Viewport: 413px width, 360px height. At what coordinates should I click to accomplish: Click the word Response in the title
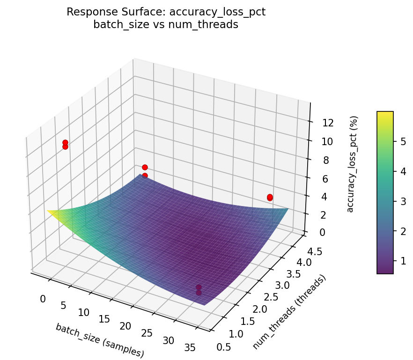click(x=88, y=12)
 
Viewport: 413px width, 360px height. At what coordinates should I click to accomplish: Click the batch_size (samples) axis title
click(x=99, y=340)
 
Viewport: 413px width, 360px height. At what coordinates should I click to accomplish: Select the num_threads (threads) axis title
click(x=289, y=312)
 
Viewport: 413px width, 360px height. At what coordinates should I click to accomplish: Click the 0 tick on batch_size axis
click(x=43, y=299)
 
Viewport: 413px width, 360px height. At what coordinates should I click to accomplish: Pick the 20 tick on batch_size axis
click(x=125, y=326)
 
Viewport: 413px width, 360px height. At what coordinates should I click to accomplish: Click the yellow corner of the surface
click(x=50, y=212)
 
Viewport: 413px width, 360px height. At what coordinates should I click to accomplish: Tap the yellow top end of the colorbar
click(x=385, y=114)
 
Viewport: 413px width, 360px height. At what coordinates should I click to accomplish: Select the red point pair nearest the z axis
click(x=270, y=198)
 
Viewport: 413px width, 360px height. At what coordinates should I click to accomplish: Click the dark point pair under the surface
click(x=199, y=290)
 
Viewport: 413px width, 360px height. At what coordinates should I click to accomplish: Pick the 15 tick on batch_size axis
click(x=104, y=319)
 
